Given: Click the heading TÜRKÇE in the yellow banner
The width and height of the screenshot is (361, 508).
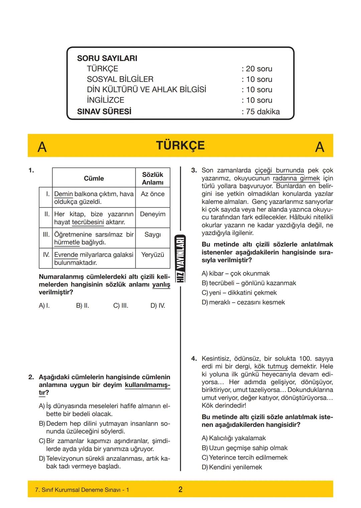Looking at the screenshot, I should click(180, 146).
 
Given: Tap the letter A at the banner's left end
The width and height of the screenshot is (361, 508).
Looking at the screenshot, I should click(42, 147).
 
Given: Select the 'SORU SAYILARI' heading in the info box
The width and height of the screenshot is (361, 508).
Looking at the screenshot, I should click(107, 58).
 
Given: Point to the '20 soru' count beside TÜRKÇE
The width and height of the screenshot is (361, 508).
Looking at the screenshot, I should click(259, 69).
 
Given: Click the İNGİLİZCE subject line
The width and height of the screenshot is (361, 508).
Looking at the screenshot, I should click(105, 100).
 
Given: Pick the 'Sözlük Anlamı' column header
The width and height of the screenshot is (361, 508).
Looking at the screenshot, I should click(152, 178).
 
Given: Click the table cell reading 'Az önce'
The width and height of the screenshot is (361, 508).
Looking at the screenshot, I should click(152, 194).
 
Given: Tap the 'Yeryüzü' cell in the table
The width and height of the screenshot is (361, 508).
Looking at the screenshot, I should click(152, 255).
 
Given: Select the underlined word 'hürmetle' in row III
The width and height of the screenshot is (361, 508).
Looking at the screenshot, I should click(67, 242).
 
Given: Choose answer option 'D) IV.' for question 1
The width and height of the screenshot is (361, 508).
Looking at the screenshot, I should click(157, 305).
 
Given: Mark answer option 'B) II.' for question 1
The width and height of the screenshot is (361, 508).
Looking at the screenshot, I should click(83, 305).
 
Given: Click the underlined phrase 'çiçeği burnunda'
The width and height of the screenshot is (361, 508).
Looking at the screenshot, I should click(279, 171).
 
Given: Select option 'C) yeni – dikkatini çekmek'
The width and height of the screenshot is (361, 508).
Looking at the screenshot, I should click(239, 293).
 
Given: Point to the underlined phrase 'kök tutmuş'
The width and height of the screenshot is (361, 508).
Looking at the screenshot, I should click(271, 366).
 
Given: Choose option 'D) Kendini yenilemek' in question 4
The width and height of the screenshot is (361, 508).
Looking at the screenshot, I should click(232, 467).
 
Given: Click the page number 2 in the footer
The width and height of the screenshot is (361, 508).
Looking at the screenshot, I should click(180, 489).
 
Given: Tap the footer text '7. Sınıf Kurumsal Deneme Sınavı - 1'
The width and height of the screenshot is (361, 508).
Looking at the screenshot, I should click(82, 490).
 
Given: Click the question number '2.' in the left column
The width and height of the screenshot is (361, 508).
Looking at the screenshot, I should click(31, 377).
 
